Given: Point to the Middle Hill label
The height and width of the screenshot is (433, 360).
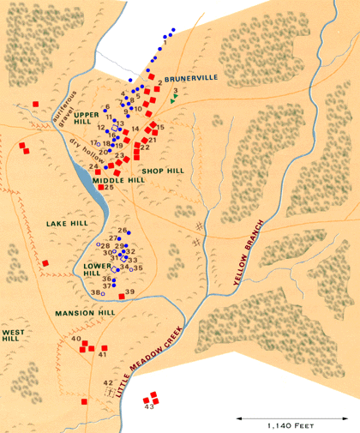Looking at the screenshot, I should pos(118,181).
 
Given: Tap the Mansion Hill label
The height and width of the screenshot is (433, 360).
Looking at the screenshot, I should pos(85,313).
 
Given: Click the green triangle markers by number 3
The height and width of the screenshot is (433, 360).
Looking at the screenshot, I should pos(173,99).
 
